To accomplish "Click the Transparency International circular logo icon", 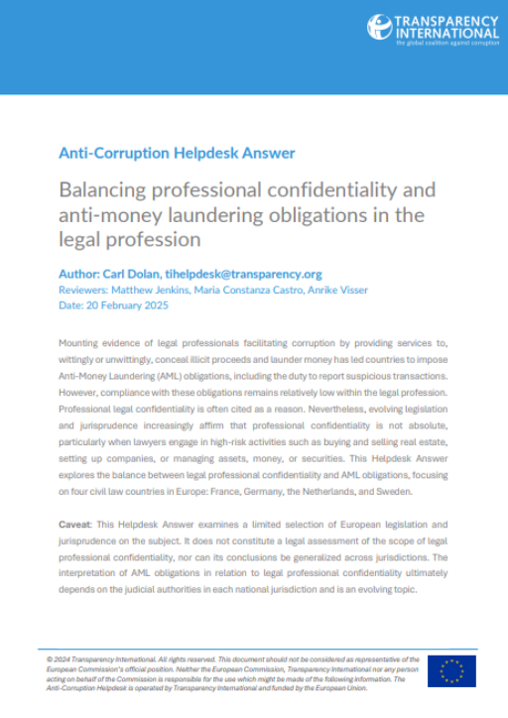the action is click(380, 28).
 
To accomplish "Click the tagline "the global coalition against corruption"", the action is click(446, 43).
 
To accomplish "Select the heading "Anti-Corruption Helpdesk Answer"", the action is click(177, 153).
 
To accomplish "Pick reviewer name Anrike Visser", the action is click(339, 290).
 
